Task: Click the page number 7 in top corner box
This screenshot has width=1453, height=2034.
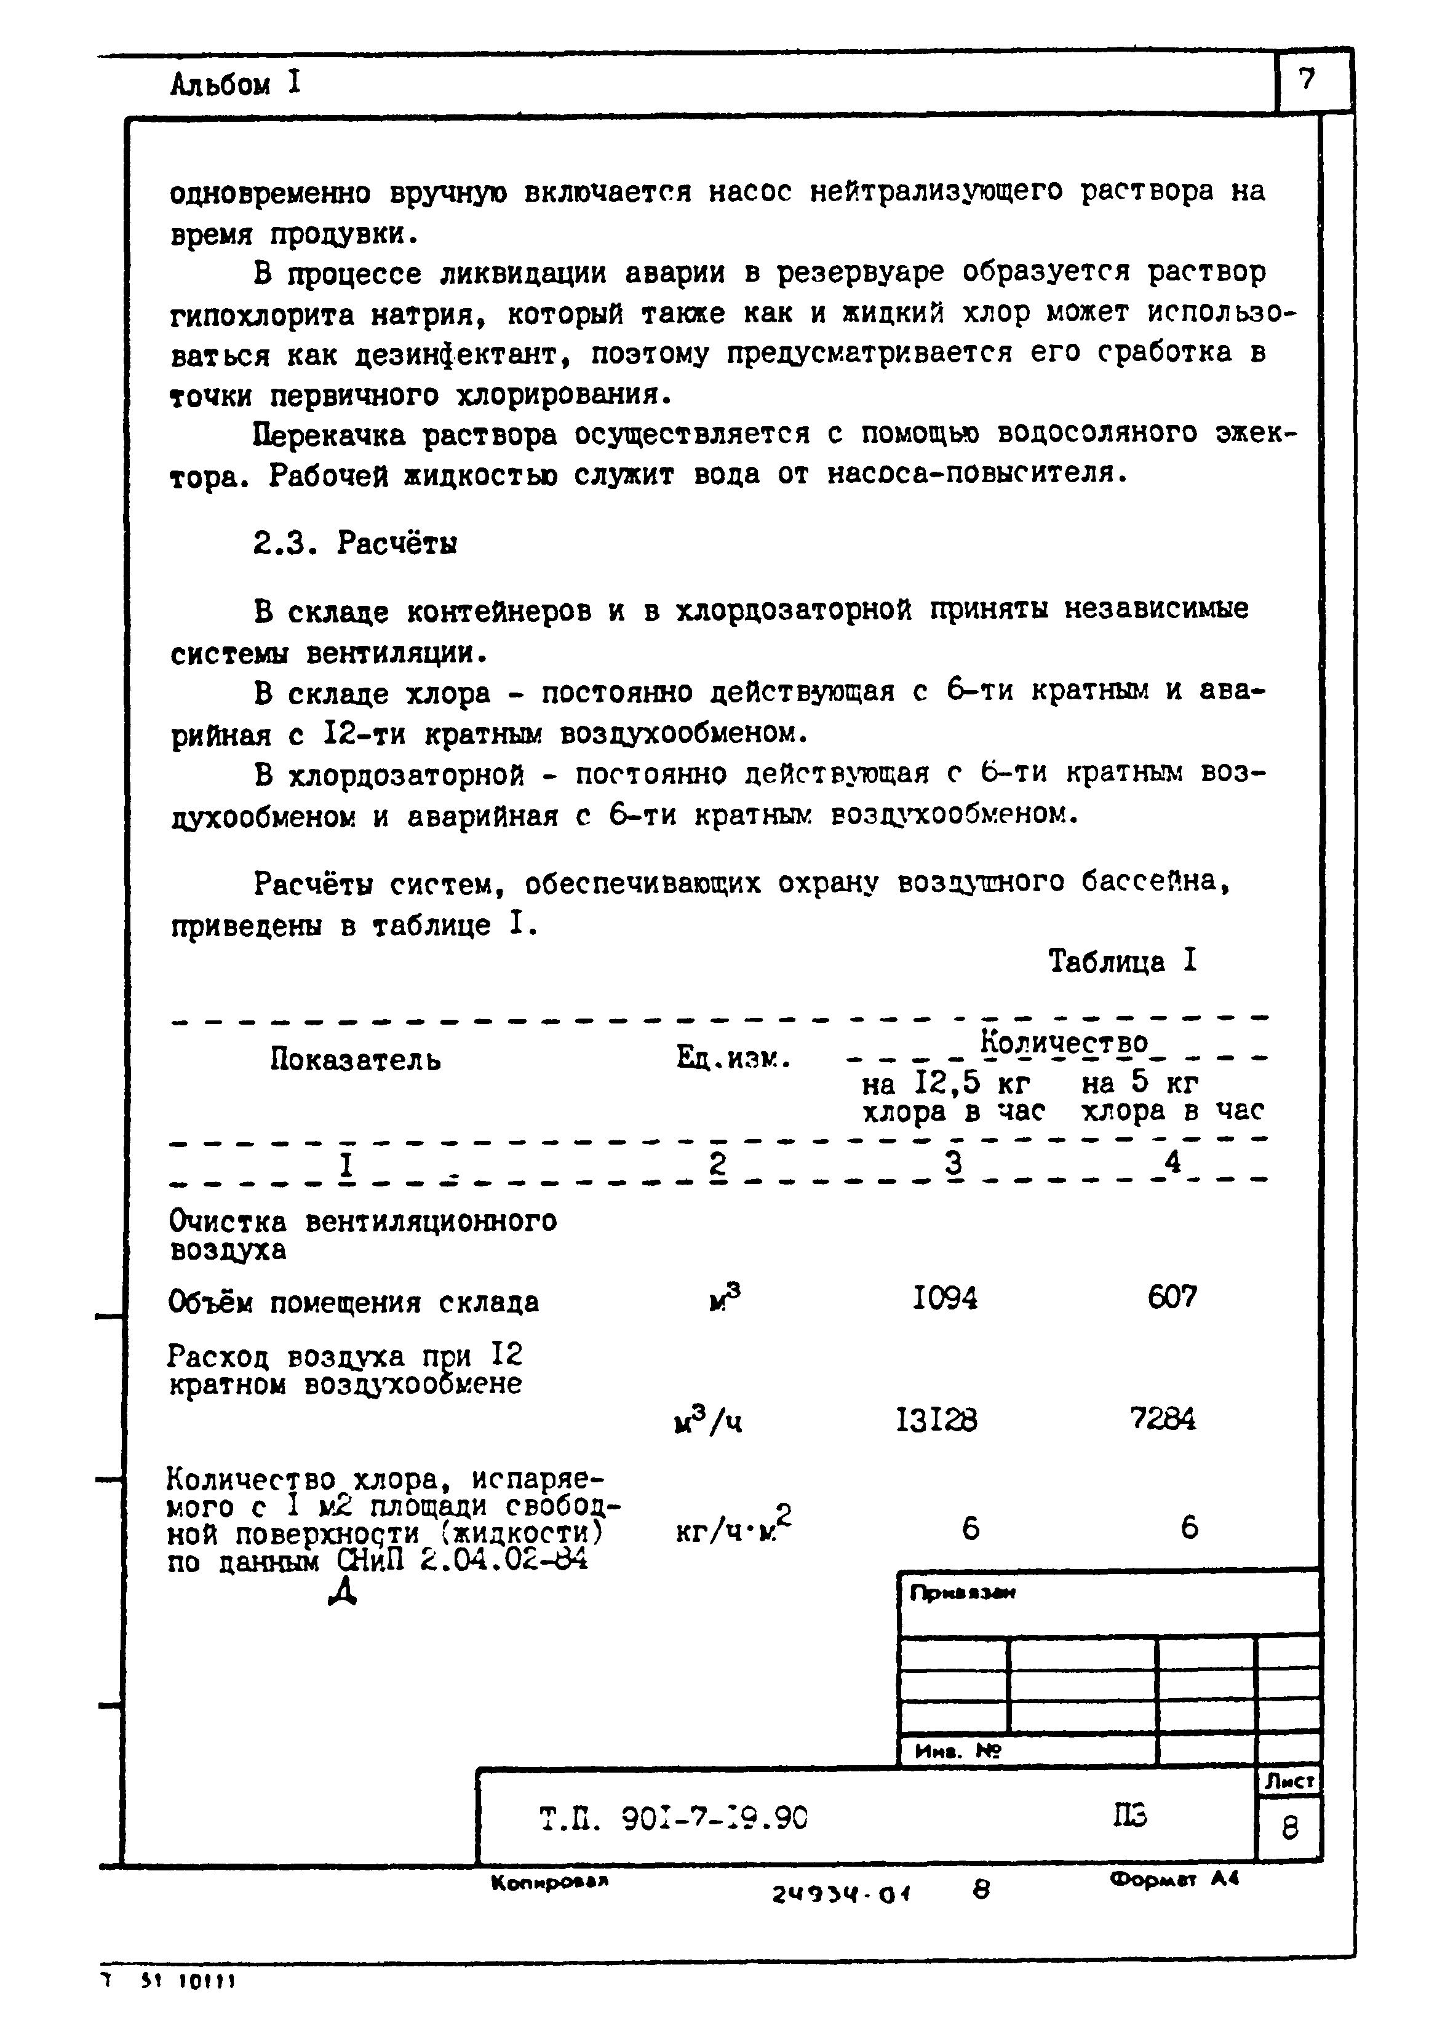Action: [x=1307, y=81]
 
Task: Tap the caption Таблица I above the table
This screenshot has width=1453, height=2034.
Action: [x=1122, y=961]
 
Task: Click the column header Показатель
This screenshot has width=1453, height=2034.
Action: [x=355, y=1060]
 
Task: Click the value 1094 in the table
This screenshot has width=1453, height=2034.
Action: [x=945, y=1298]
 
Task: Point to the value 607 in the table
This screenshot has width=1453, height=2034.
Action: [x=1171, y=1297]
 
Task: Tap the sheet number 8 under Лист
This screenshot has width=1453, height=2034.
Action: [x=1289, y=1829]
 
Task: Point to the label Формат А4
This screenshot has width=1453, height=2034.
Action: [x=1174, y=1880]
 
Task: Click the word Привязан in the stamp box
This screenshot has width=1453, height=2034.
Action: [x=963, y=1593]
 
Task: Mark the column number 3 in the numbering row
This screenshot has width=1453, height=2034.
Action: [x=953, y=1163]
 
